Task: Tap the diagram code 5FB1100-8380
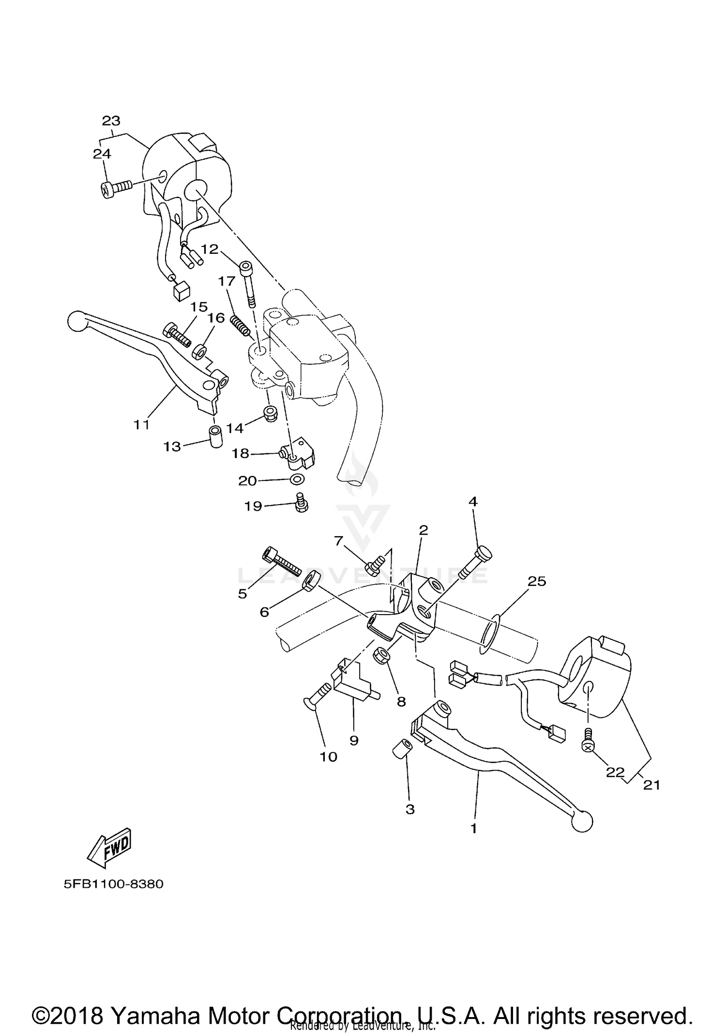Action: click(114, 884)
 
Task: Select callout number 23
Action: click(111, 121)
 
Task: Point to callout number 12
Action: click(210, 249)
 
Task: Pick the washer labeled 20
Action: click(297, 479)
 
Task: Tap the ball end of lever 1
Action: click(581, 821)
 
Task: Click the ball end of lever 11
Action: click(75, 322)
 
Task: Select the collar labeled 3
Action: click(401, 749)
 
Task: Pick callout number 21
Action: click(651, 785)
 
